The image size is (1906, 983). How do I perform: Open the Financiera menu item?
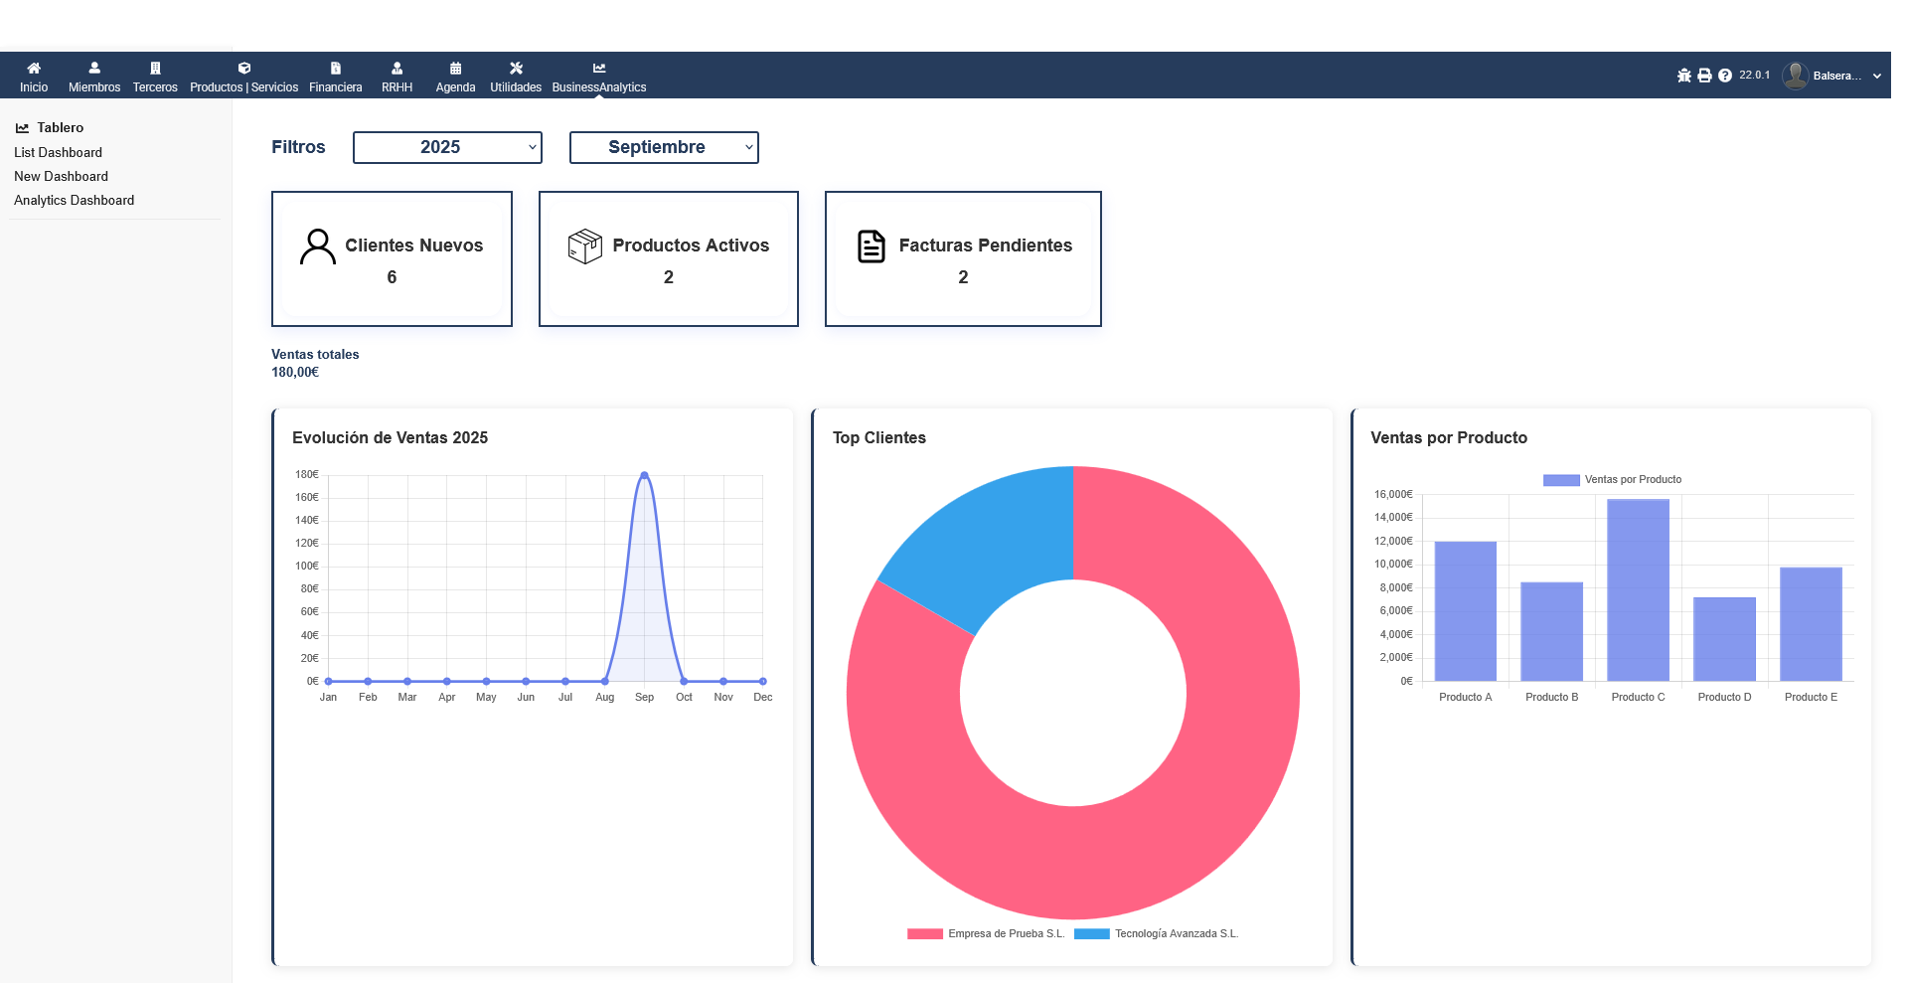[x=335, y=78]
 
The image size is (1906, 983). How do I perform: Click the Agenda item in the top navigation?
[x=455, y=78]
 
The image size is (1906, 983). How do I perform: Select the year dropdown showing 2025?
[x=447, y=147]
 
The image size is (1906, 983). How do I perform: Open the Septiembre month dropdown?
[x=664, y=147]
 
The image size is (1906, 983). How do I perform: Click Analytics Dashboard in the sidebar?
[x=74, y=200]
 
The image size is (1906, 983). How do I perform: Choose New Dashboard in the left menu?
[x=61, y=176]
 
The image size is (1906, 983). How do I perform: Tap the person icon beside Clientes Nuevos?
[x=318, y=246]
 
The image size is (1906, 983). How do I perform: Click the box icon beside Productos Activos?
[x=585, y=246]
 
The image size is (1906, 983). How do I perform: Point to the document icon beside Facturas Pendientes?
[x=872, y=246]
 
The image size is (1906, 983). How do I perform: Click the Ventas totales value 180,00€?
[x=295, y=372]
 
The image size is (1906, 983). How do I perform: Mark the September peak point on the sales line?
[x=644, y=475]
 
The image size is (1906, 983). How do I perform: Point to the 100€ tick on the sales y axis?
[x=307, y=566]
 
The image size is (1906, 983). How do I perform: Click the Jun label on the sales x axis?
[x=526, y=697]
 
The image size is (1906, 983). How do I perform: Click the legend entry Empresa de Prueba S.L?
[x=1005, y=933]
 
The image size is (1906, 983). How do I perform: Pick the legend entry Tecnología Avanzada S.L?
[x=1176, y=933]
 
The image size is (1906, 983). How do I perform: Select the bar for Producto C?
[x=1638, y=590]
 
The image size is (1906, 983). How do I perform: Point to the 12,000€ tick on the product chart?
[x=1393, y=541]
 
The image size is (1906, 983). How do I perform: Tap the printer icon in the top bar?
[x=1704, y=76]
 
